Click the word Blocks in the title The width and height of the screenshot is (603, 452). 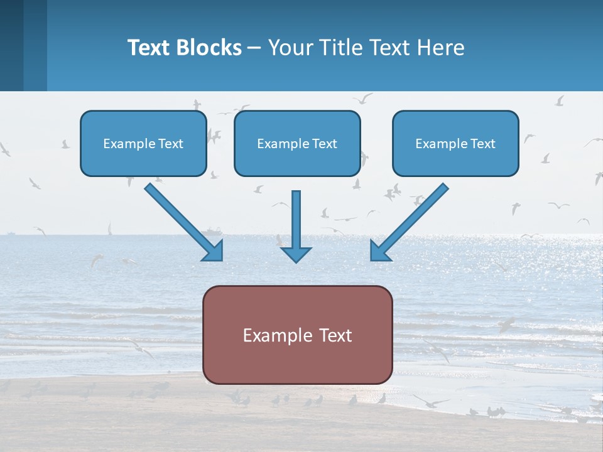[209, 47]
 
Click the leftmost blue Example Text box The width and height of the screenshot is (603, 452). [143, 143]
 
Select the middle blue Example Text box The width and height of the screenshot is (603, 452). [297, 143]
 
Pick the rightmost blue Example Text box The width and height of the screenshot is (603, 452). [456, 143]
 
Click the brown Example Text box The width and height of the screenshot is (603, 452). [298, 335]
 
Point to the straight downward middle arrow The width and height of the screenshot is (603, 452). [296, 227]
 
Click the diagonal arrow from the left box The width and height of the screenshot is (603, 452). [184, 222]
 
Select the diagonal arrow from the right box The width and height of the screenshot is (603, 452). [409, 222]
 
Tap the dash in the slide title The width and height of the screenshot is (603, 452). [254, 48]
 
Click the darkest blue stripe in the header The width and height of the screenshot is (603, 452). [11, 45]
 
